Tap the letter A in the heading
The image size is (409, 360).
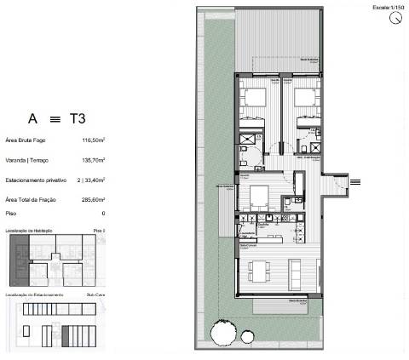[32, 119]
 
